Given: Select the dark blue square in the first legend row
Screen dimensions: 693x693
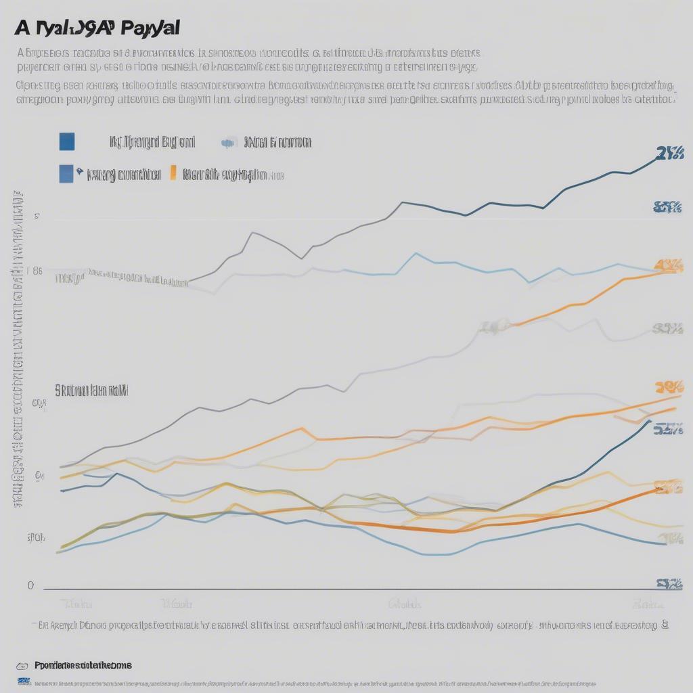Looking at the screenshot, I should click(x=67, y=141).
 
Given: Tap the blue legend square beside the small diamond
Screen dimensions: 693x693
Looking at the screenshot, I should click(x=66, y=174).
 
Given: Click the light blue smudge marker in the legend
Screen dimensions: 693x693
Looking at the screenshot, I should click(x=228, y=143).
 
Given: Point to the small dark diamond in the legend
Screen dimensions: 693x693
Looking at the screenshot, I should click(x=80, y=171).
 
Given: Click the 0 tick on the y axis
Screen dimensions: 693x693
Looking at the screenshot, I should click(x=30, y=586).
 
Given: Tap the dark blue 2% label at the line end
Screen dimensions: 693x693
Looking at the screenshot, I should click(x=669, y=153).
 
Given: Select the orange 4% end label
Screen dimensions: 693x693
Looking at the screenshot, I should click(x=669, y=265).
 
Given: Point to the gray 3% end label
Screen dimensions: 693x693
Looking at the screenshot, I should click(x=667, y=329).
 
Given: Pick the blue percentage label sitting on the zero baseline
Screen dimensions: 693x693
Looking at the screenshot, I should click(x=669, y=584).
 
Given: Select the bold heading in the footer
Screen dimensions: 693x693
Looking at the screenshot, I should click(x=83, y=666).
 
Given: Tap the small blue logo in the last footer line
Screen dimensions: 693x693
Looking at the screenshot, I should click(x=24, y=681).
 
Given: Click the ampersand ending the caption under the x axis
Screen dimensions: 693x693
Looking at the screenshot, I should click(x=665, y=626).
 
